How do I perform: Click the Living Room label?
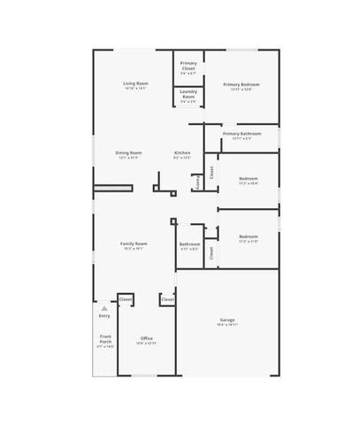coord(135,83)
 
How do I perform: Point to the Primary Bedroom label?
coord(241,84)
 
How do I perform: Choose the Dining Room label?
coord(129,152)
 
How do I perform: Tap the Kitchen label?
coord(182,152)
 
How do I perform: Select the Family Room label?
coord(134,243)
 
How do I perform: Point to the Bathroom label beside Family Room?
coord(189,244)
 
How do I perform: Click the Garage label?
coord(227,320)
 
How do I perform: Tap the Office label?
coord(147,337)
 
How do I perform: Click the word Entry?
coord(104,315)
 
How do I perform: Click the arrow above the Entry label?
coord(104,307)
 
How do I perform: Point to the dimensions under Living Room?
coord(135,89)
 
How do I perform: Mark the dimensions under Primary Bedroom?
coord(241,89)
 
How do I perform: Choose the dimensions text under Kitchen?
coord(182,158)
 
